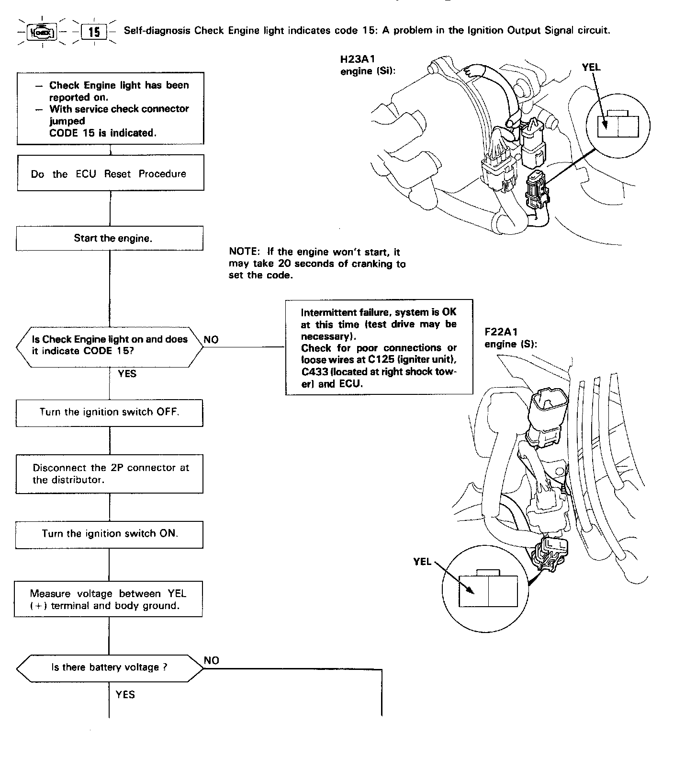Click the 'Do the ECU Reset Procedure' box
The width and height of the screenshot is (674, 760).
[x=110, y=173]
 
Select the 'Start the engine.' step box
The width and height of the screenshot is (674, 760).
[x=110, y=238]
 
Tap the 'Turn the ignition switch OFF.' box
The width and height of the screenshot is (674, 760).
[x=110, y=412]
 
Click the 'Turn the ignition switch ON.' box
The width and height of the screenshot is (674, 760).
[x=110, y=534]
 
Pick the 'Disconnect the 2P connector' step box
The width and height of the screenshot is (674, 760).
[x=110, y=474]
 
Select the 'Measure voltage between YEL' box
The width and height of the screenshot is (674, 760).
[x=109, y=599]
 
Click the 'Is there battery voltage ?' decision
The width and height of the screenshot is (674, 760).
[x=110, y=668]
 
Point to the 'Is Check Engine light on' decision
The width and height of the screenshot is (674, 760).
[x=110, y=345]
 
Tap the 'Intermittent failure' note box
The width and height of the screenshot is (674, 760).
[x=379, y=347]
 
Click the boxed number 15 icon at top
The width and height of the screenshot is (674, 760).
[x=94, y=32]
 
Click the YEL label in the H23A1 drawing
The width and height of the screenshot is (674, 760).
[x=591, y=68]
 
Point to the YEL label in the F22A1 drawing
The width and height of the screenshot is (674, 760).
[x=422, y=561]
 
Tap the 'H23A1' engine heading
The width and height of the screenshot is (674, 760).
[x=357, y=59]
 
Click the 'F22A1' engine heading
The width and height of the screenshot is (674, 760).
[x=501, y=332]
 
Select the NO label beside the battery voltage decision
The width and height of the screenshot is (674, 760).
[x=211, y=660]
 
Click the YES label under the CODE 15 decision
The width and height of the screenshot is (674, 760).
[x=127, y=373]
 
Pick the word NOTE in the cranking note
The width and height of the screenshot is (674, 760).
[x=244, y=252]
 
